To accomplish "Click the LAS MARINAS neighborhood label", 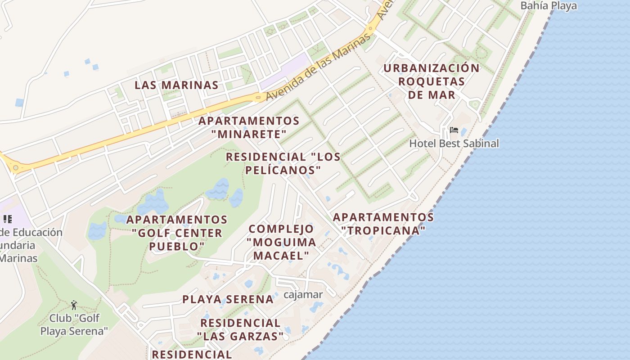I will pyautogui.click(x=176, y=85).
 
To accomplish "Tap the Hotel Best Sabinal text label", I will pyautogui.click(x=454, y=144).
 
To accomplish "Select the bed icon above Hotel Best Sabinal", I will pyautogui.click(x=454, y=130).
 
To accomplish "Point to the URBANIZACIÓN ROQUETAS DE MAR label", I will pyautogui.click(x=432, y=81).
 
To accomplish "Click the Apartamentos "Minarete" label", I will pyautogui.click(x=249, y=127).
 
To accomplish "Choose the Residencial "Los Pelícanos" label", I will pyautogui.click(x=283, y=163).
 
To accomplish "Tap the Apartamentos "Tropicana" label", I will pyautogui.click(x=383, y=224).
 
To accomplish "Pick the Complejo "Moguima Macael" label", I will pyautogui.click(x=282, y=242).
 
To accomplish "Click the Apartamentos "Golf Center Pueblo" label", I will pyautogui.click(x=177, y=233).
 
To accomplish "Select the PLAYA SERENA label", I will pyautogui.click(x=228, y=299).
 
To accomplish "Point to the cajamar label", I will pyautogui.click(x=303, y=295).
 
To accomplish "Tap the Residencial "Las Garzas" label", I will pyautogui.click(x=240, y=329).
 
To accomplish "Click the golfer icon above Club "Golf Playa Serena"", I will pyautogui.click(x=74, y=305).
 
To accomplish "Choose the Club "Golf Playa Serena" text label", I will pyautogui.click(x=74, y=324).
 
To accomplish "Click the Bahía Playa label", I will pyautogui.click(x=548, y=6).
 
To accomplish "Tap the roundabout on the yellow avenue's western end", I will pyautogui.click(x=16, y=168).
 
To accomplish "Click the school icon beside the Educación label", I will pyautogui.click(x=7, y=219).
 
